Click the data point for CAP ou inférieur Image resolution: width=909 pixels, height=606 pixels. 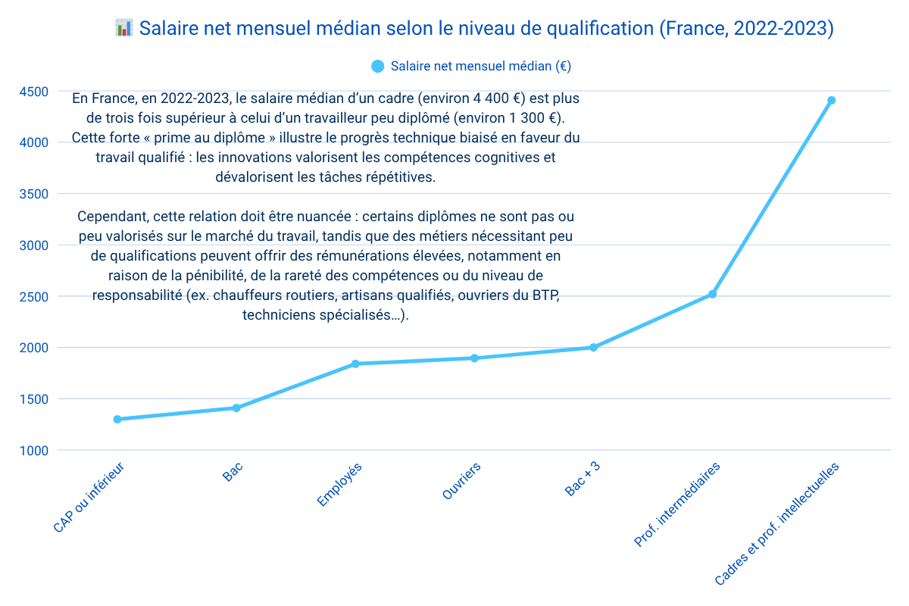(x=117, y=419)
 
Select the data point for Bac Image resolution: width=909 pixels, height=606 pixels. (x=236, y=408)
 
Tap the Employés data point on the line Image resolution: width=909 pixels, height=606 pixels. (x=355, y=364)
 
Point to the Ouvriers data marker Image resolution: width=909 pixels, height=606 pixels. (x=474, y=358)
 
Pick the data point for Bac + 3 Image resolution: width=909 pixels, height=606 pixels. (x=594, y=348)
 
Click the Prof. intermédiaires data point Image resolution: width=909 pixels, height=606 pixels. (x=712, y=294)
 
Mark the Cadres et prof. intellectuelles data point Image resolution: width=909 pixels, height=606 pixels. (x=831, y=100)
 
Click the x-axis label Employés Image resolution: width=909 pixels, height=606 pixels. (x=339, y=485)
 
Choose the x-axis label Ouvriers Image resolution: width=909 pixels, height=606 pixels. (x=461, y=482)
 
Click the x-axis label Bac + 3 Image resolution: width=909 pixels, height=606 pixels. (x=583, y=479)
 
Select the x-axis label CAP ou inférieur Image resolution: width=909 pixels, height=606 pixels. (x=88, y=497)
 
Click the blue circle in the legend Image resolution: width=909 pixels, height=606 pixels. (x=378, y=66)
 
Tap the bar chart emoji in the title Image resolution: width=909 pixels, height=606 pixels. (x=124, y=29)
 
